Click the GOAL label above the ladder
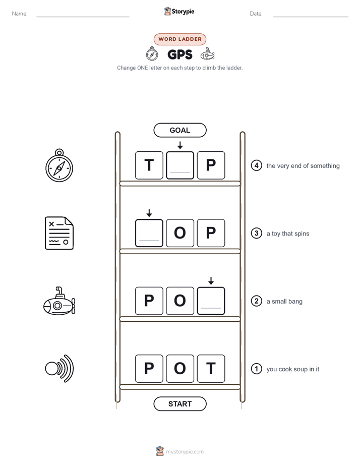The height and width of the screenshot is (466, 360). click(x=179, y=130)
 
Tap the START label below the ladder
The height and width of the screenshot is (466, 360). click(x=179, y=404)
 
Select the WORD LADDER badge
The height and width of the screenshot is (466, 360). click(x=179, y=39)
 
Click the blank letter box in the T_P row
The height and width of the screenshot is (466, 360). click(x=180, y=165)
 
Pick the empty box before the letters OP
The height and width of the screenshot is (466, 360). click(x=149, y=233)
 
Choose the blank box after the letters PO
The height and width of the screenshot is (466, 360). click(x=211, y=301)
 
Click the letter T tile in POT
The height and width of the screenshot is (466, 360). click(x=211, y=369)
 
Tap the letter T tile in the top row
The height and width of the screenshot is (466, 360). click(x=149, y=165)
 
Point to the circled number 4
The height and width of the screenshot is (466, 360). click(x=256, y=165)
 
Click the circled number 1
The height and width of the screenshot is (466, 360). click(x=256, y=369)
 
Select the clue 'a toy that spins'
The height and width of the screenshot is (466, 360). click(x=288, y=234)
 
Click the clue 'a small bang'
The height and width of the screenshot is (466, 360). click(x=284, y=302)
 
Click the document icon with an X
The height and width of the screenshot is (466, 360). click(x=59, y=233)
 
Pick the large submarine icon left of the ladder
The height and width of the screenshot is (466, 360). click(x=59, y=301)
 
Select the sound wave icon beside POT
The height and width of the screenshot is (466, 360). click(x=59, y=369)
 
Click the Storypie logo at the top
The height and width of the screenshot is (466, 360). click(x=179, y=11)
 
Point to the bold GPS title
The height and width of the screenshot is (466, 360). click(x=179, y=54)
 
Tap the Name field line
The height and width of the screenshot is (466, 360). click(x=83, y=17)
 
